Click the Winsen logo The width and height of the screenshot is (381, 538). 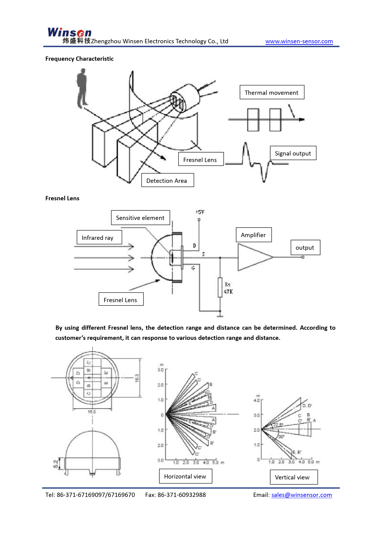(x=69, y=33)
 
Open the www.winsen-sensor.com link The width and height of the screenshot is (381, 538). (x=299, y=41)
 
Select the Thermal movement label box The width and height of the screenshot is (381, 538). (x=272, y=92)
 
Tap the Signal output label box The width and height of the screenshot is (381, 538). (x=293, y=153)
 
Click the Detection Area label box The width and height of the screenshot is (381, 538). (x=167, y=180)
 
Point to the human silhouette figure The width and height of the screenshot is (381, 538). (x=82, y=88)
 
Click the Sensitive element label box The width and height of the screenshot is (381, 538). (x=140, y=218)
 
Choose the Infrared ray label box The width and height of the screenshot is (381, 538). (x=99, y=237)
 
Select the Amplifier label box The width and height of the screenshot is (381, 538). (x=253, y=235)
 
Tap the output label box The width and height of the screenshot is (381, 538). (x=305, y=248)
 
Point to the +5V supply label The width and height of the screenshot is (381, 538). (x=200, y=212)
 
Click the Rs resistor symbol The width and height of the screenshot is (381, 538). (x=220, y=287)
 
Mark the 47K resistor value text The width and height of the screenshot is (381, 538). (x=228, y=292)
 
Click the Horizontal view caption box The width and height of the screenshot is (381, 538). (x=185, y=476)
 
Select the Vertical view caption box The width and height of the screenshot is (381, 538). (x=293, y=477)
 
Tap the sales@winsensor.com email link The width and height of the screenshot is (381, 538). (x=301, y=495)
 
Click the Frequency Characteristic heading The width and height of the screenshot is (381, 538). (x=79, y=59)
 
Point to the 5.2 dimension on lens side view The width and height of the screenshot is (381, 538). (x=56, y=464)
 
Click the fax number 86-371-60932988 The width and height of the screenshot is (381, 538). (x=182, y=495)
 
